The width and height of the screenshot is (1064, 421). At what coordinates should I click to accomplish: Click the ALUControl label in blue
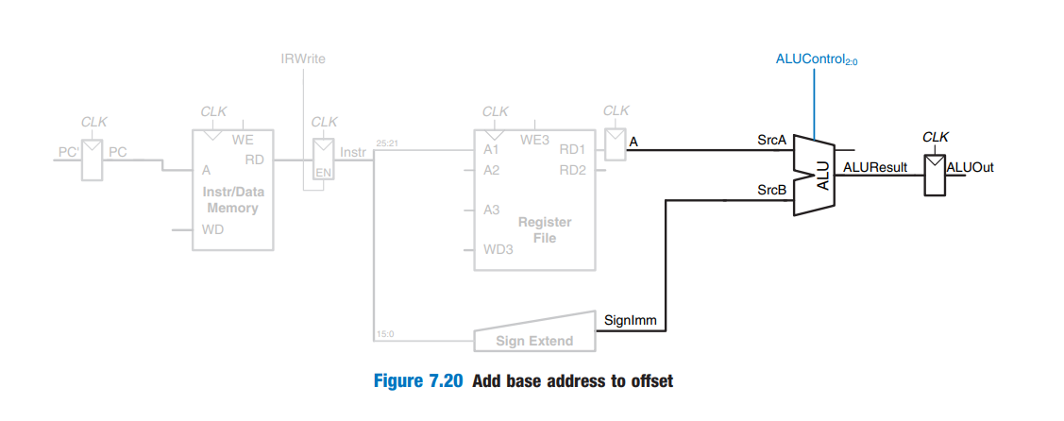tap(815, 59)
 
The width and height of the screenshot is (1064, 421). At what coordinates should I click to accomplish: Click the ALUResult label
tap(874, 167)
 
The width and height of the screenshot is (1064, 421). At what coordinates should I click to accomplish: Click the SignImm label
tap(625, 320)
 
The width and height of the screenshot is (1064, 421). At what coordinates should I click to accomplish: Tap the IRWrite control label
tap(303, 59)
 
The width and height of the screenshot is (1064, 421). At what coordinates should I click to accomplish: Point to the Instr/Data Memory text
tap(232, 199)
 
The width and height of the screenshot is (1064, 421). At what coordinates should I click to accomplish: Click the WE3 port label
tap(534, 140)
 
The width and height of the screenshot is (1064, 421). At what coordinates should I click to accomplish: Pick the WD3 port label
tap(498, 249)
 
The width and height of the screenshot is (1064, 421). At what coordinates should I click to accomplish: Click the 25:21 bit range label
tap(388, 143)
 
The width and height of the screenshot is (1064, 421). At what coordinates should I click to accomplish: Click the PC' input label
tap(66, 151)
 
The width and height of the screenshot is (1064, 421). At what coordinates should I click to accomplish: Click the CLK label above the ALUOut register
tap(935, 137)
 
